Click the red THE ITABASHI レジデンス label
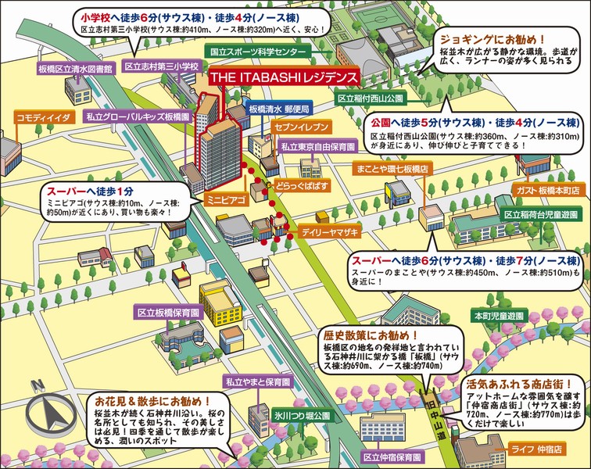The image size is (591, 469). pos(285,79)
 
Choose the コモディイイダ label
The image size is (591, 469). pos(43,116)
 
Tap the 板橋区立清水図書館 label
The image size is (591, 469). pos(76,69)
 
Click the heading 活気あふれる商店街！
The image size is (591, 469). pos(511,386)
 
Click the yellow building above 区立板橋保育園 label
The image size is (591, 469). pos(220,303)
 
